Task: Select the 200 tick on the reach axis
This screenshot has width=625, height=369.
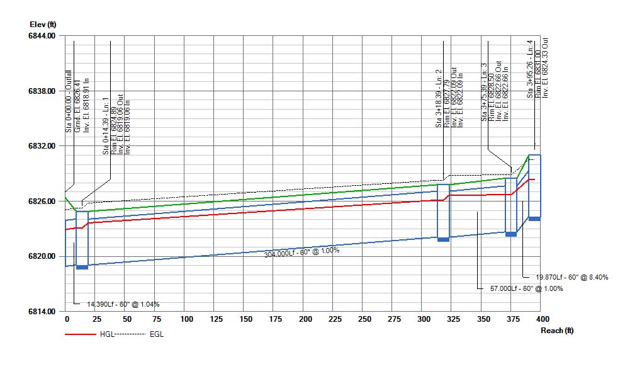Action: pyautogui.click(x=305, y=320)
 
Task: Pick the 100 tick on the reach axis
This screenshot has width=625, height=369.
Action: pyautogui.click(x=186, y=320)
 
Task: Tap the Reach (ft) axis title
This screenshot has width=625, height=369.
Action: pyautogui.click(x=556, y=331)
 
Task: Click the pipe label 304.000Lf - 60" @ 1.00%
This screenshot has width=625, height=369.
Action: pyautogui.click(x=301, y=251)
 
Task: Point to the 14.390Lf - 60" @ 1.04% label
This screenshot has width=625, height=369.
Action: pyautogui.click(x=123, y=304)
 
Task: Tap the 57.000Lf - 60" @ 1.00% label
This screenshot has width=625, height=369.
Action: pyautogui.click(x=526, y=288)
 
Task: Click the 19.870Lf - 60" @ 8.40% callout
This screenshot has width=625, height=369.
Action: pyautogui.click(x=572, y=277)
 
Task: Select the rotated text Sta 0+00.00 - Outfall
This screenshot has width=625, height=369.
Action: pyautogui.click(x=69, y=101)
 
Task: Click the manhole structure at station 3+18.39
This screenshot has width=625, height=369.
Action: pyautogui.click(x=444, y=212)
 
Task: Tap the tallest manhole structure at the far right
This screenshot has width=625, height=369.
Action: pyautogui.click(x=534, y=186)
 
